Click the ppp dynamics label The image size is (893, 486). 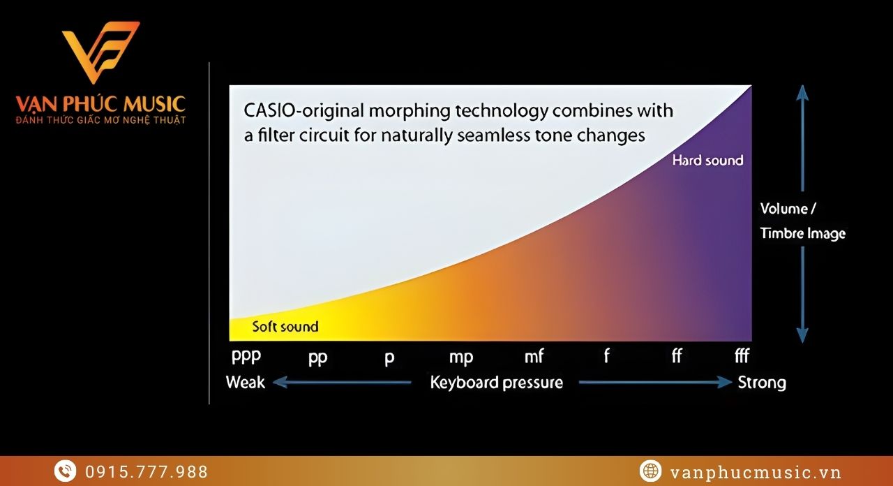point(246,356)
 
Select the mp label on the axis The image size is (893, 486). point(461,357)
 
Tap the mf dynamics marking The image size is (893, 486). point(534,356)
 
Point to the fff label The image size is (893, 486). point(742,355)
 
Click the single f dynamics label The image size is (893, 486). point(606,355)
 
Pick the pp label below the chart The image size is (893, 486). point(317,357)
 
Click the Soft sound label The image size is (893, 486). point(285,327)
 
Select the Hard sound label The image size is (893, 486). point(707,161)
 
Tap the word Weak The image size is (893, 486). point(245,382)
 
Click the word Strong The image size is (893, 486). point(762,383)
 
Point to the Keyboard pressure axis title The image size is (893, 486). point(496,383)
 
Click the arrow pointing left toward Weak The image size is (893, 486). point(342,382)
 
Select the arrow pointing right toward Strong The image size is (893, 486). point(655,382)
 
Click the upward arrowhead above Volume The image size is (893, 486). point(802,93)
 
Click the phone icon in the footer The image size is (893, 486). point(66,471)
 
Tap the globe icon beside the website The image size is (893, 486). point(651,471)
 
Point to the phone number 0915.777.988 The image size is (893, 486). point(147,472)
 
